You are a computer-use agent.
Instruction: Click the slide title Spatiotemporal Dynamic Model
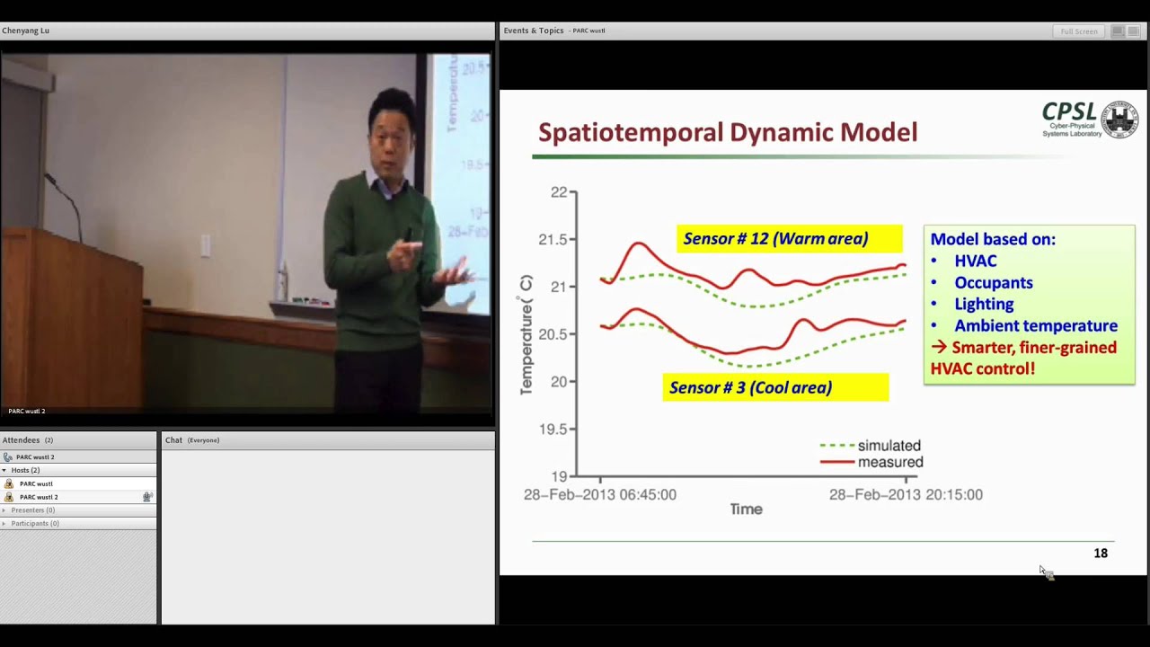[x=728, y=133]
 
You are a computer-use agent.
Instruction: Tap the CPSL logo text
[x=1069, y=112]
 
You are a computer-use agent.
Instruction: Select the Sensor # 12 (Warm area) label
[x=775, y=239]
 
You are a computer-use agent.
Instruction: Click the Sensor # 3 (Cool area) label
[x=750, y=388]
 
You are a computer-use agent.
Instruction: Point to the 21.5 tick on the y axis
[x=552, y=240]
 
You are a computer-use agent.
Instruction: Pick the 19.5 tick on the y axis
[x=552, y=430]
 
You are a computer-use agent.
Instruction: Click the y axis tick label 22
[x=558, y=192]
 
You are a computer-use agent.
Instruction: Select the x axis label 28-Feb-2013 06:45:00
[x=600, y=495]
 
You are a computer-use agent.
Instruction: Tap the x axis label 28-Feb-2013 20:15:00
[x=905, y=495]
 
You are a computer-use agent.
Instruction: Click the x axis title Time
[x=746, y=510]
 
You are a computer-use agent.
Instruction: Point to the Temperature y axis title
[x=526, y=334]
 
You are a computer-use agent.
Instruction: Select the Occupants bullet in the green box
[x=993, y=283]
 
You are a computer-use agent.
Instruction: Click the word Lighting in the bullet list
[x=984, y=305]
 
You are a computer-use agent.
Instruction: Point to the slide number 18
[x=1100, y=554]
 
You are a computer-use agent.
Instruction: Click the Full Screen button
[x=1078, y=31]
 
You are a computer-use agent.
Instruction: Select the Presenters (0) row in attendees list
[x=33, y=510]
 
